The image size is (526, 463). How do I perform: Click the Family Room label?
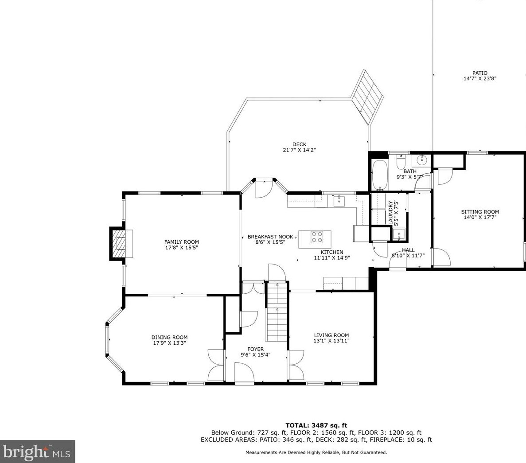coord(182,242)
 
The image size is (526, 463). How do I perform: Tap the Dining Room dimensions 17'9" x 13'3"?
coord(169,343)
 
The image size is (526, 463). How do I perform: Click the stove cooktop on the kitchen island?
coord(317,237)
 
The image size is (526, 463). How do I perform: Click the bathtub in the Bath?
coord(380,175)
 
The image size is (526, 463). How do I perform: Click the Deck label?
coord(299,144)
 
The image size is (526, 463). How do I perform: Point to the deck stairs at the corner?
coord(367,96)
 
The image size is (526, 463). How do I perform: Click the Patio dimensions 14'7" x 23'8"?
coord(480,78)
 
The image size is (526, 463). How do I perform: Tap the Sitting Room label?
coord(480,212)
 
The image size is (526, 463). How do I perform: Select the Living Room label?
coord(331,335)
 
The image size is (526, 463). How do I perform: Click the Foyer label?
coord(256,349)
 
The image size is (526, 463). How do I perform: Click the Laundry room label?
coord(390,213)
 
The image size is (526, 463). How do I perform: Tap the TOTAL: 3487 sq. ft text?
coord(316,426)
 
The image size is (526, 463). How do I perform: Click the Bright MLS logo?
coord(37,451)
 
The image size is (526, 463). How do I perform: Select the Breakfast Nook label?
coord(270,237)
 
